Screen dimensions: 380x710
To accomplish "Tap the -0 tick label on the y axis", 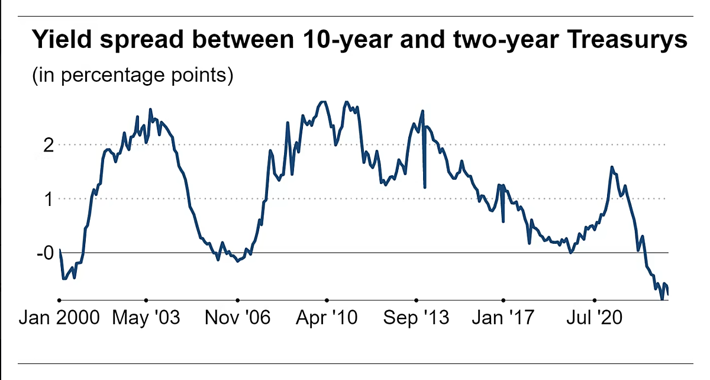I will click(45, 253).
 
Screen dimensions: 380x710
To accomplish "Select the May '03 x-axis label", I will click(146, 318).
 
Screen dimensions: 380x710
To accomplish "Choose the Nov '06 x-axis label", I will click(237, 318).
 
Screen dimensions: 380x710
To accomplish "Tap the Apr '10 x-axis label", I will click(326, 318).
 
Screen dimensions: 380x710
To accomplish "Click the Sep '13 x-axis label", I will click(416, 318).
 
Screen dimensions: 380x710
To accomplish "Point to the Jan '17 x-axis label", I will click(504, 318).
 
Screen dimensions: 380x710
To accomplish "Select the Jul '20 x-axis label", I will click(595, 318).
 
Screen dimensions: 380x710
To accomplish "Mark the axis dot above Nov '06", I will click(237, 300).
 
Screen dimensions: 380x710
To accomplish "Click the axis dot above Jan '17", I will click(504, 300).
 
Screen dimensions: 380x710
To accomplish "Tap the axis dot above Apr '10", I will click(326, 300).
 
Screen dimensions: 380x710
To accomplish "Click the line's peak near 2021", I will click(611, 167).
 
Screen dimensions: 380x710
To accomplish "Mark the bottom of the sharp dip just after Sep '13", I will click(425, 188).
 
